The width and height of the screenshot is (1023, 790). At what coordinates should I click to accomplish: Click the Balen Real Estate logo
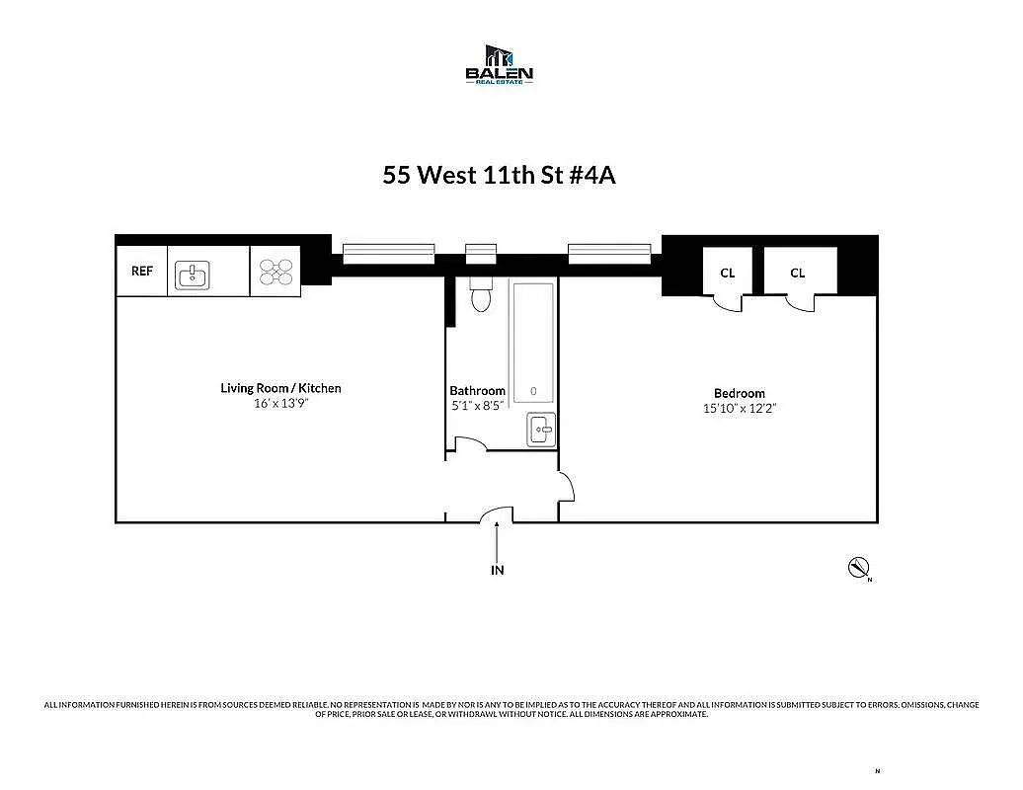tap(499, 64)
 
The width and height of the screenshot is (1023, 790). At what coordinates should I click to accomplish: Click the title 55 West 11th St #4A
tap(499, 175)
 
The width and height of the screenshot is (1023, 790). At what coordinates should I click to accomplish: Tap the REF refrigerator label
tap(142, 271)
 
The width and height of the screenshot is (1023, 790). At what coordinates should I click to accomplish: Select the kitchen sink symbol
tap(193, 275)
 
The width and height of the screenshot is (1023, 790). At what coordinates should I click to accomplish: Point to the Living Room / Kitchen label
tap(280, 388)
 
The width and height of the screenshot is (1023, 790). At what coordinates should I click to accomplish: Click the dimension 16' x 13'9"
tap(280, 403)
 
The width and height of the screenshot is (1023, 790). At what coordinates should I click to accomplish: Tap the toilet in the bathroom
tap(481, 294)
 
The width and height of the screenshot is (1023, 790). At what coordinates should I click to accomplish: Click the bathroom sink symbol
tap(540, 430)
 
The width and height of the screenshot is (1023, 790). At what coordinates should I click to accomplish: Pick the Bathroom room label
tap(477, 391)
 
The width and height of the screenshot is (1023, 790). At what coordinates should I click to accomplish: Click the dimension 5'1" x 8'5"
tap(477, 405)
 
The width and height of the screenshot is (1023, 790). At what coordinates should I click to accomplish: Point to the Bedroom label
tap(739, 393)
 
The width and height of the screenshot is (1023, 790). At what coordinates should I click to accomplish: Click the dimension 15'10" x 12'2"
tap(739, 408)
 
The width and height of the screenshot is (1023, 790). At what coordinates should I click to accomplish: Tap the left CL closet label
tap(727, 273)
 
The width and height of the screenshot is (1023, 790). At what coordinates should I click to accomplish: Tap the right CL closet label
tap(797, 273)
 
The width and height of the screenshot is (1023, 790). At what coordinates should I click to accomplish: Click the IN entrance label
tap(497, 570)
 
